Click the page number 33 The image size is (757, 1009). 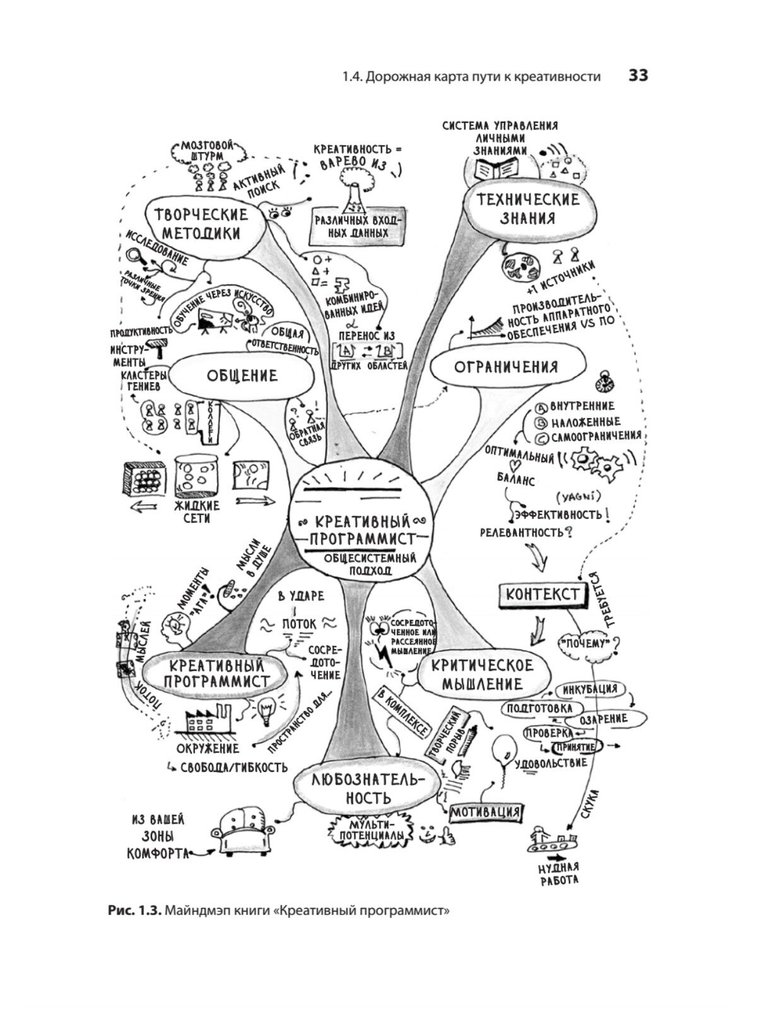(x=638, y=76)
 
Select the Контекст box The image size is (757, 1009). (x=542, y=594)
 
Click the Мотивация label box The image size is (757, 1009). (x=485, y=811)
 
